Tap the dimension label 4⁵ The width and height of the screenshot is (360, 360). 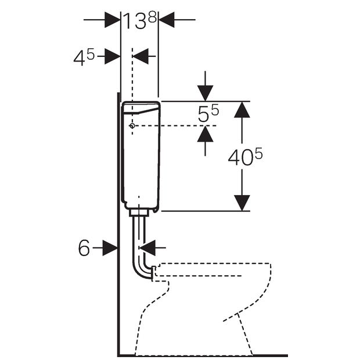pos(84,58)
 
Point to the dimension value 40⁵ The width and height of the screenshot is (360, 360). pos(245,157)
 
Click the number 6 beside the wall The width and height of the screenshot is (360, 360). pos(84,248)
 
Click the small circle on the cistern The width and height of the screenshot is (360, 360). pos(132,126)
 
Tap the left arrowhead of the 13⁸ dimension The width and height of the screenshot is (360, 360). pos(113,20)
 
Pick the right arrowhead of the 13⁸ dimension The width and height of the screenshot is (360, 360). pos(167,20)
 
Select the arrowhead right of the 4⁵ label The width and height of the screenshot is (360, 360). pos(113,56)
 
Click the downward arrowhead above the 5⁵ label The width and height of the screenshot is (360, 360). pos(205,93)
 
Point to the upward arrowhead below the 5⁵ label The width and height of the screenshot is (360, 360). pos(205,134)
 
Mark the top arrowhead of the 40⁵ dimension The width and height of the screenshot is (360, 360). pos(242,110)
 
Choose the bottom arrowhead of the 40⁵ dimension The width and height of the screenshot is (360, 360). pos(242,203)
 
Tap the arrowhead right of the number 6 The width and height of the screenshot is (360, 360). pos(110,248)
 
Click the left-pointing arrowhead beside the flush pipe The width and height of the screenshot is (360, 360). pos(147,248)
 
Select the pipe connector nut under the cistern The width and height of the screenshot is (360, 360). pos(139,213)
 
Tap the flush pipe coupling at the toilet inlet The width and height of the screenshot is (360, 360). pos(153,273)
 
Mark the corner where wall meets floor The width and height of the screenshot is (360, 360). pos(118,355)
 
